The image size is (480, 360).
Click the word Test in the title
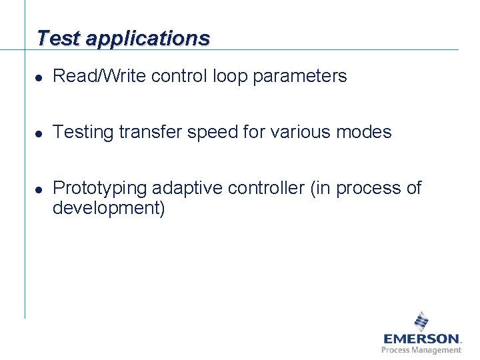point(59,38)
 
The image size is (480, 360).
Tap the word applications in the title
point(147,39)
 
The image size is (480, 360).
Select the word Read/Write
point(99,77)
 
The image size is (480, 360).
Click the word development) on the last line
point(109,209)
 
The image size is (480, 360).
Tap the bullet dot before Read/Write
point(40,77)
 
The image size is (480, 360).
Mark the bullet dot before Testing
point(40,133)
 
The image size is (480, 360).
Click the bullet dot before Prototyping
point(40,189)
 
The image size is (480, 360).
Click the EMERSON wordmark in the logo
point(421,339)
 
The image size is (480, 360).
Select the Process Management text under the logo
point(421,350)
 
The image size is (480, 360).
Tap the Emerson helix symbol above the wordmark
point(421,321)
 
